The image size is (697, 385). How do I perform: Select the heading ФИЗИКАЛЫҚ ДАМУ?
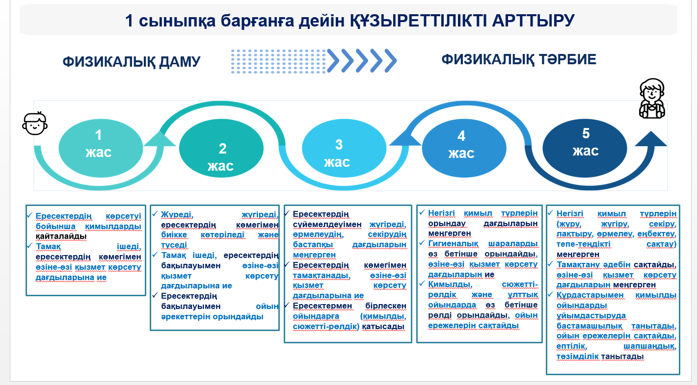tap(132, 62)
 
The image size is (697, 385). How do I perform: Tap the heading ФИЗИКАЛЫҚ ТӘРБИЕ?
tap(519, 59)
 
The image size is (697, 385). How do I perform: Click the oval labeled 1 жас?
tap(101, 148)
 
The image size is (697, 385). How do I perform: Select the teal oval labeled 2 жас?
tap(221, 148)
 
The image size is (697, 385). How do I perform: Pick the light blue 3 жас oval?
tap(344, 148)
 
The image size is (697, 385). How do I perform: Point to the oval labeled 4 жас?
tap(464, 148)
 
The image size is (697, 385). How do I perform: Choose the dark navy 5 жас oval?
tap(585, 148)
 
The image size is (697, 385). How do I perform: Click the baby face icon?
tap(35, 123)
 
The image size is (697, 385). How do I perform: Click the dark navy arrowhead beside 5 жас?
tap(651, 138)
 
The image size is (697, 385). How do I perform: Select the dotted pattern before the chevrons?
tap(278, 61)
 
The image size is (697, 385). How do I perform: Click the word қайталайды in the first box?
tap(61, 236)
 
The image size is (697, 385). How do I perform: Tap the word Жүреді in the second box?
tap(177, 215)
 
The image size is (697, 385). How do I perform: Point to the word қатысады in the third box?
tap(383, 327)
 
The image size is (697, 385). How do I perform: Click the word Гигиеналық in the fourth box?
tap(453, 243)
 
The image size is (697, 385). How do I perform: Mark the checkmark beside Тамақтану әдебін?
tap(550, 264)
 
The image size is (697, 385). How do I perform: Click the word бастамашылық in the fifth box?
tap(590, 326)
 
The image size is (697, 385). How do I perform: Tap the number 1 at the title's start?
tap(129, 21)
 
